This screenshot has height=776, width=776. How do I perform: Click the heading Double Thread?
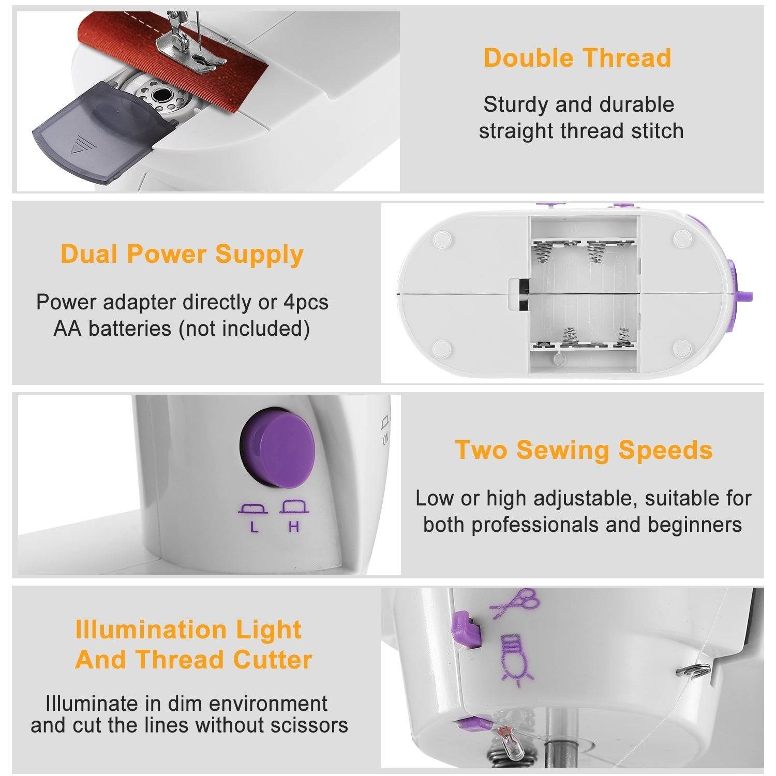[577, 58]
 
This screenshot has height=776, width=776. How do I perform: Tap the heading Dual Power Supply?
[182, 255]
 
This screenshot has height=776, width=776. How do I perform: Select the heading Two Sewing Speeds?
[584, 450]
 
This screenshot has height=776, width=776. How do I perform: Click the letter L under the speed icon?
[253, 528]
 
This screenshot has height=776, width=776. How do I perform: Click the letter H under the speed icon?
[294, 528]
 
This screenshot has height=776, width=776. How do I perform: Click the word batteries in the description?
[131, 329]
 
